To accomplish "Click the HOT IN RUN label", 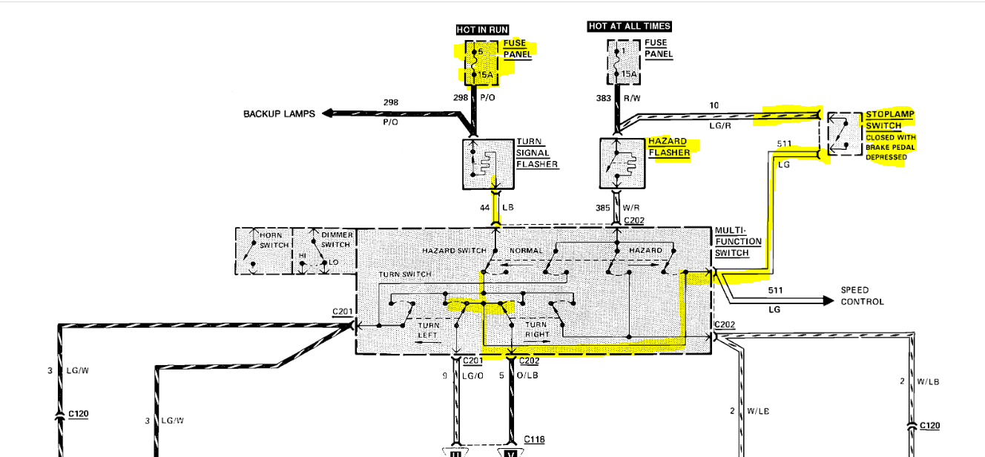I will pyautogui.click(x=478, y=30).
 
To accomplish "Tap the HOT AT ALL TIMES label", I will pyautogui.click(x=629, y=26).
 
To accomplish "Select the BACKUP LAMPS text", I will pyautogui.click(x=279, y=114).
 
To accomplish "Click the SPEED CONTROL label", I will pyautogui.click(x=862, y=296).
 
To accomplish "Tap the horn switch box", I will pyautogui.click(x=263, y=251).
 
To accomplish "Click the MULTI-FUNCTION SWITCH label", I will pyautogui.click(x=737, y=242).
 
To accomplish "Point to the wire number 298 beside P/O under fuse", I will pyautogui.click(x=460, y=97).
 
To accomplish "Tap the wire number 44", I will pyautogui.click(x=485, y=207).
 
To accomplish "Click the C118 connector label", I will pyautogui.click(x=534, y=439).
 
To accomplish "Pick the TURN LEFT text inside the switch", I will pyautogui.click(x=428, y=330).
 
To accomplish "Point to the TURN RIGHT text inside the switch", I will pyautogui.click(x=537, y=330).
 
